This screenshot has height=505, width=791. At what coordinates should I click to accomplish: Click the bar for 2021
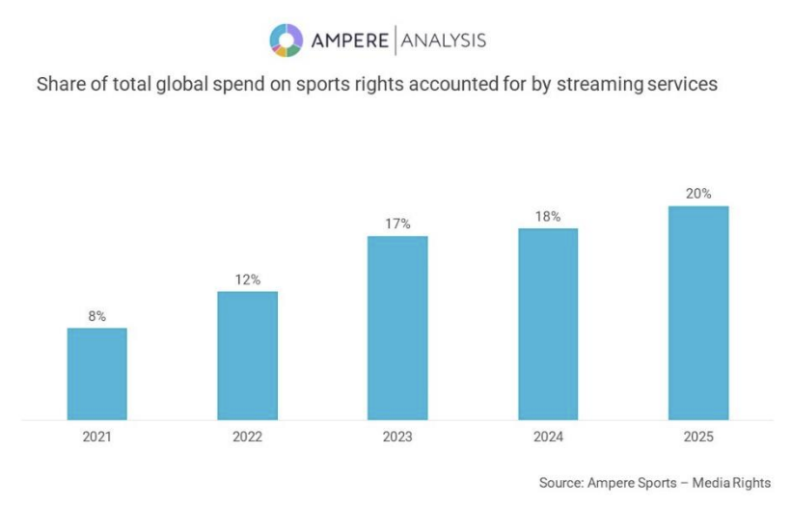96,374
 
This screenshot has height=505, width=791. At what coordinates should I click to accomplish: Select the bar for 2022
247,356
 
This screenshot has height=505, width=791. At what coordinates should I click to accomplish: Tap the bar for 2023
397,328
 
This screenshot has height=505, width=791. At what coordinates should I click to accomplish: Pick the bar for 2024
548,324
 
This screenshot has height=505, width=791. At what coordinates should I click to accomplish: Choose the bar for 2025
698,313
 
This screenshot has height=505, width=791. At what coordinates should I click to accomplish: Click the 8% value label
96,315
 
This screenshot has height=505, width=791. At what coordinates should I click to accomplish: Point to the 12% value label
247,279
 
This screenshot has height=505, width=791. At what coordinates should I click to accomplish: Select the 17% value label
397,224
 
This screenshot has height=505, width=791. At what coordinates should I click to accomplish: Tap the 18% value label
548,216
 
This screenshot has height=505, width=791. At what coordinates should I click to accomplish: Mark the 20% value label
698,194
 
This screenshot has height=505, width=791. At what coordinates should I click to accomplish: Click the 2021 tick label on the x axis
96,437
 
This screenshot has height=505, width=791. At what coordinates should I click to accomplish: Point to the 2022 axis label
247,437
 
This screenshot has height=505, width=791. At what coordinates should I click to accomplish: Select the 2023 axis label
397,437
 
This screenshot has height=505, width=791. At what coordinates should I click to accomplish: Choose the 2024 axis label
548,437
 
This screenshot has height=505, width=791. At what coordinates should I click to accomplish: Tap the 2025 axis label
698,437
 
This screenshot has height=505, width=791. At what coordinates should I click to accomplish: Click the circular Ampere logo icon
286,40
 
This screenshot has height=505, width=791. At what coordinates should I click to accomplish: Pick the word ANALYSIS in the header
443,40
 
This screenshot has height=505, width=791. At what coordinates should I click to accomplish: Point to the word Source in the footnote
561,483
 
